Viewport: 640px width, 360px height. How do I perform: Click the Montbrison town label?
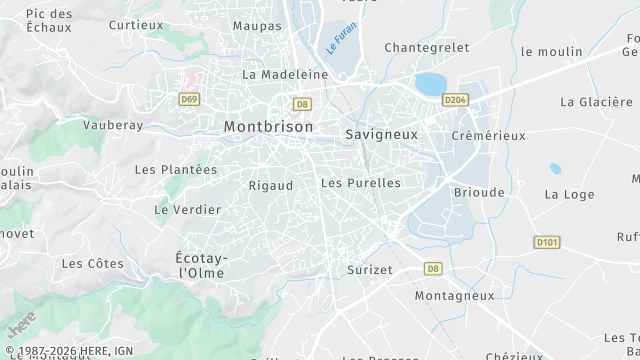(x=268, y=127)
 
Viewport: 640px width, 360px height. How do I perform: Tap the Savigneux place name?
(x=381, y=133)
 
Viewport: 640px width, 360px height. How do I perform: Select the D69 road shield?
(x=189, y=99)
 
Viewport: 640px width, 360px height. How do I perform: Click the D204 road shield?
(x=455, y=99)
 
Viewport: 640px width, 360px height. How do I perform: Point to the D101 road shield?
(x=546, y=241)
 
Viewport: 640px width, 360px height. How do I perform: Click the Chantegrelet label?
(x=426, y=47)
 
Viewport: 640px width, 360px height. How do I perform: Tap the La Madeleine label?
(x=285, y=74)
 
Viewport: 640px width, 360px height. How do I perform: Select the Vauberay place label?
(x=113, y=125)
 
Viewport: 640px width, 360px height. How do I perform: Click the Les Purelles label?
(x=361, y=183)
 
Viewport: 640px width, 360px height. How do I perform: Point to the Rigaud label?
(x=271, y=185)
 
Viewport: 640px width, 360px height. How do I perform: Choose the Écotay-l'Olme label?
(x=202, y=265)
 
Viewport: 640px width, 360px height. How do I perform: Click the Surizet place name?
(x=370, y=270)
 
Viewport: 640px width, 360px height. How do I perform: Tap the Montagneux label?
(x=454, y=296)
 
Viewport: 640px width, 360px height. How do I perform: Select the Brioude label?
(x=479, y=192)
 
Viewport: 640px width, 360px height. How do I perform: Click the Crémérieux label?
(x=488, y=135)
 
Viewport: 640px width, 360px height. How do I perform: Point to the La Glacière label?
(x=597, y=102)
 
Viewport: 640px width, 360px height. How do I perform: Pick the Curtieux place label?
(x=136, y=24)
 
